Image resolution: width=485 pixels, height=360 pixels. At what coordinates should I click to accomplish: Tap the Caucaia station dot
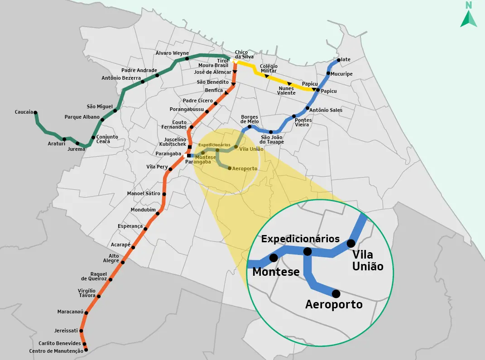point(35,113)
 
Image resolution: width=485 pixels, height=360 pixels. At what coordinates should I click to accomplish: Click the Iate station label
point(346,59)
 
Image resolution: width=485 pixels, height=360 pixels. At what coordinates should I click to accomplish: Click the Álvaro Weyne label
point(172,53)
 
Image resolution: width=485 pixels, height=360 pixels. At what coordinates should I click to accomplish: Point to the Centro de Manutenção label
point(56,351)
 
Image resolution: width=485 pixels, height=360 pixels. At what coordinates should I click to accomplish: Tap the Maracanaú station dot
point(86,312)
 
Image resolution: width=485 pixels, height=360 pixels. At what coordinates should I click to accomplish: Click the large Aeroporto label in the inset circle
point(334,304)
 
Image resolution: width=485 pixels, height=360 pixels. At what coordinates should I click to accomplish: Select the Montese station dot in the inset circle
point(274,258)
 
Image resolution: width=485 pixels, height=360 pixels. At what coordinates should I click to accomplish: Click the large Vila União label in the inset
point(367,261)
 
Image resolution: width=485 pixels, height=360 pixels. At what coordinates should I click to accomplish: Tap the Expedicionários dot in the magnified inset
point(307,251)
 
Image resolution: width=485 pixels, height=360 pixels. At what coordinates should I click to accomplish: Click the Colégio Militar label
point(269,68)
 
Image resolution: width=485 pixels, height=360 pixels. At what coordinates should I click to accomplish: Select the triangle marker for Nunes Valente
point(289,83)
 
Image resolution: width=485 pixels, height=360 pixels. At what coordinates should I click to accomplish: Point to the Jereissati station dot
point(82,331)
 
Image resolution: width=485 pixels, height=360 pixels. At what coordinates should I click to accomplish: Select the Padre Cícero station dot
point(216,104)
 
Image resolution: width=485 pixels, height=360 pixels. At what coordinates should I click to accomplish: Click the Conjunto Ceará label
point(107,139)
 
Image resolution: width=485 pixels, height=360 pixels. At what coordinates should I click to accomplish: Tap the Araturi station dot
point(64,139)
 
